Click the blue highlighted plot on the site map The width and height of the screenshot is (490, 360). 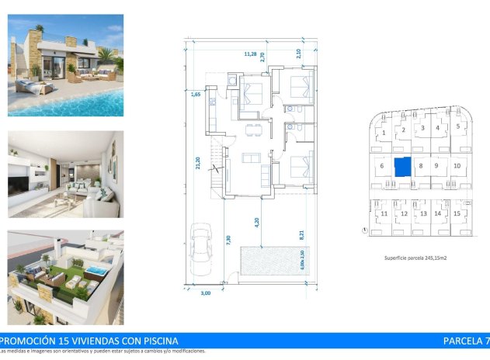pyautogui.click(x=401, y=167)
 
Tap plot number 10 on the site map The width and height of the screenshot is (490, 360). pyautogui.click(x=457, y=166)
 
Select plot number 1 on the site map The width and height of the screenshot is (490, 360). pyautogui.click(x=384, y=133)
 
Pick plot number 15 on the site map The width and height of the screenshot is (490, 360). pyautogui.click(x=458, y=213)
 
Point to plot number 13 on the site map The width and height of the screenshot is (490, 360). pyautogui.click(x=422, y=213)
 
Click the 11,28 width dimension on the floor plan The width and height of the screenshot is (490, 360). pyautogui.click(x=250, y=54)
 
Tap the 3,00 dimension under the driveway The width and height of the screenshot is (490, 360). pyautogui.click(x=206, y=294)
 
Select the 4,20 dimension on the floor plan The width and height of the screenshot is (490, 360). pyautogui.click(x=257, y=221)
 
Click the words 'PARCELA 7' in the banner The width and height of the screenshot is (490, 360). pyautogui.click(x=465, y=341)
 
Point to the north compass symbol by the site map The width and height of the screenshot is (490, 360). pyautogui.click(x=364, y=230)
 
